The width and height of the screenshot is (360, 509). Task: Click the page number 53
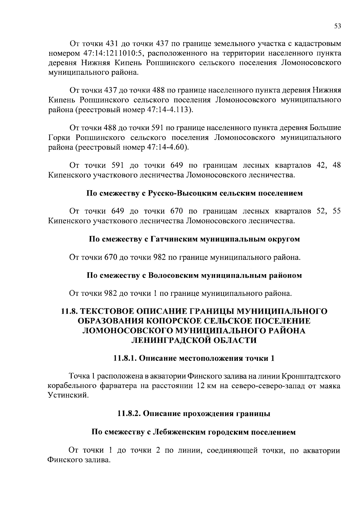point(337,26)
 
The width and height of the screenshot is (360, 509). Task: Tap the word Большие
point(325,128)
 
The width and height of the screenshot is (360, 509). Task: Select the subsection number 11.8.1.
point(125,358)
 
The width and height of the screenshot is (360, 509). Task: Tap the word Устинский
point(68,395)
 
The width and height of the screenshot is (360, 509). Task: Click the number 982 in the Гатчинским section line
point(160,257)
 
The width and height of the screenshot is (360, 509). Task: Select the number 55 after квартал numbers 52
point(337,211)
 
